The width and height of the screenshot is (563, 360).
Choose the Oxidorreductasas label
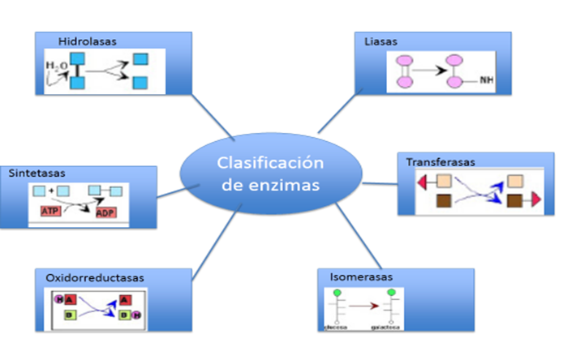[96, 277]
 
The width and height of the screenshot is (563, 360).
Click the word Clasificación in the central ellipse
[269, 163]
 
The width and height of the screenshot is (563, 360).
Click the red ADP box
[106, 212]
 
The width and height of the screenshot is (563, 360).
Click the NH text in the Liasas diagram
[487, 80]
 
